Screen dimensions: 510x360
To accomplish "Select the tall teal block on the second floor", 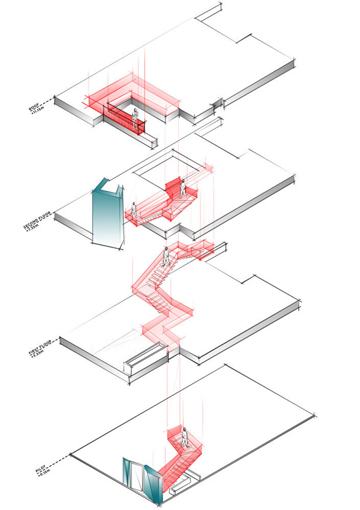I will point(107,216).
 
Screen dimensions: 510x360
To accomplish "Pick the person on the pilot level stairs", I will point(184,437).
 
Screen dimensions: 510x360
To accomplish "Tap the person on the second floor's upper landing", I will point(182,189).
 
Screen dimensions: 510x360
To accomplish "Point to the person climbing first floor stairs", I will point(166,257).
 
